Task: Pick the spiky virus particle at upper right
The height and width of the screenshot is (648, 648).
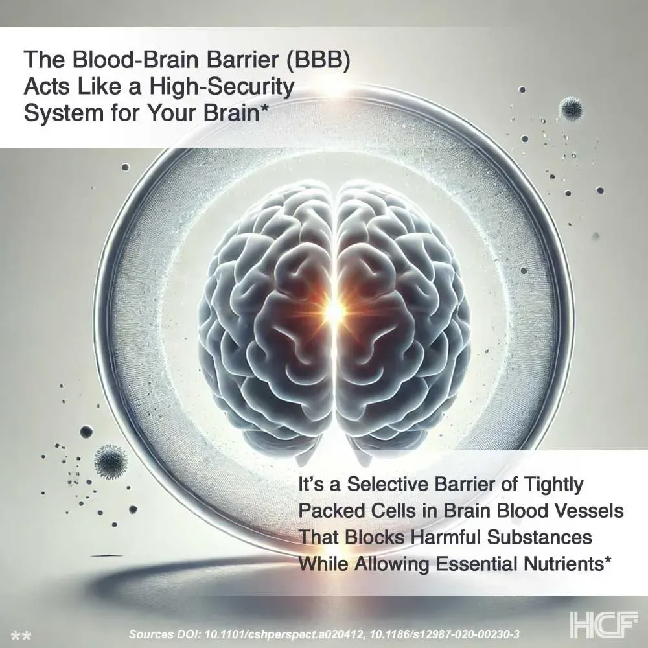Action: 571,108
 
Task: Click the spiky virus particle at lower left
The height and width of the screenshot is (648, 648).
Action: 110,461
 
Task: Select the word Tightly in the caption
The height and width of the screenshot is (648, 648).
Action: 557,484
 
